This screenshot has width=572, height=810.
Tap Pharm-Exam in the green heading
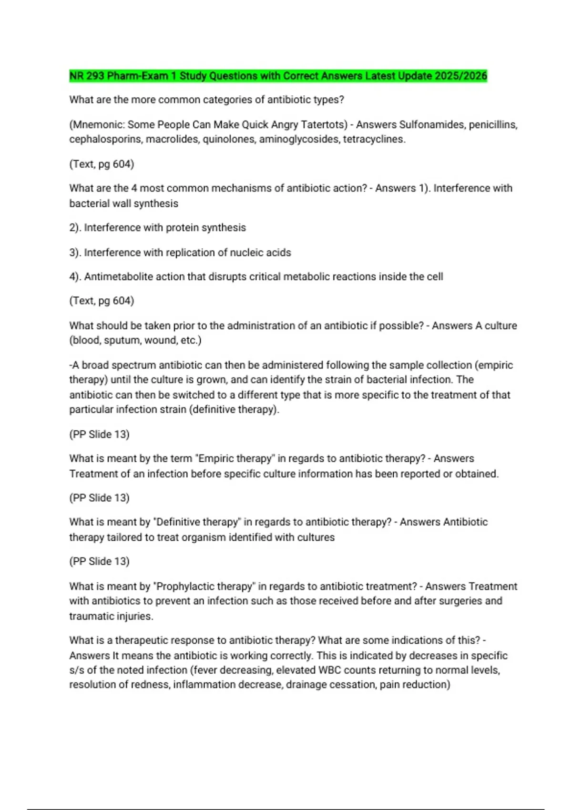point(137,76)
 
